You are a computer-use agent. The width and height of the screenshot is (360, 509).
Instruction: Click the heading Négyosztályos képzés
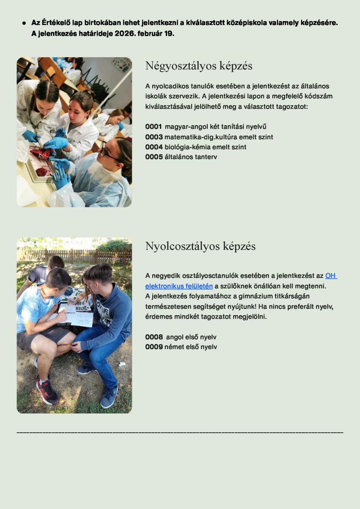pyautogui.click(x=198, y=66)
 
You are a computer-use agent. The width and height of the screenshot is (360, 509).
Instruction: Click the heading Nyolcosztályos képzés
pyautogui.click(x=200, y=246)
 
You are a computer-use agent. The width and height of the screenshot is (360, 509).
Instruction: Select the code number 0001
pyautogui.click(x=153, y=126)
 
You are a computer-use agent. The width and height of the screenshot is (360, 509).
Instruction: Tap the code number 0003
pyautogui.click(x=154, y=137)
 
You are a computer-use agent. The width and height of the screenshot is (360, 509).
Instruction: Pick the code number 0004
pyautogui.click(x=154, y=147)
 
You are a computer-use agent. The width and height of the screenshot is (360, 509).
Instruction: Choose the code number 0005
pyautogui.click(x=154, y=157)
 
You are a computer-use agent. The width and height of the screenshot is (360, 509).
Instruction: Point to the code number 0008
pyautogui.click(x=154, y=337)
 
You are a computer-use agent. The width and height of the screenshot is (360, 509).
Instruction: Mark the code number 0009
pyautogui.click(x=154, y=347)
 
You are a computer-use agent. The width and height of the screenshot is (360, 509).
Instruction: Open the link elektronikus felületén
pyautogui.click(x=179, y=286)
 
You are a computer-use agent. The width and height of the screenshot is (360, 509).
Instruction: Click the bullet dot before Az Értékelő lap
pyautogui.click(x=24, y=23)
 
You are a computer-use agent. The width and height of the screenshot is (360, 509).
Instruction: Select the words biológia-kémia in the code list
pyautogui.click(x=185, y=147)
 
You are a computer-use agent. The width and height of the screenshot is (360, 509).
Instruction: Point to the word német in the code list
pyautogui.click(x=174, y=347)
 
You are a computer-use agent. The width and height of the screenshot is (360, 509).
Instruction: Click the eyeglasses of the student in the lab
pyautogui.click(x=107, y=152)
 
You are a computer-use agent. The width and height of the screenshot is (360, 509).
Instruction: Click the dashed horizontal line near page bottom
pyautogui.click(x=180, y=432)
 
